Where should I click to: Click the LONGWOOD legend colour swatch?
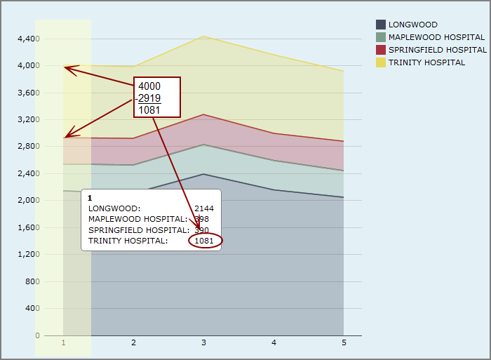point(381,25)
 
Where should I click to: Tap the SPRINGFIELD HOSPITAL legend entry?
point(437,50)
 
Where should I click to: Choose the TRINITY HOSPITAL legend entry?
point(426,62)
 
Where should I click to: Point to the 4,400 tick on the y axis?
point(28,39)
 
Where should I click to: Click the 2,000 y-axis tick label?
point(28,201)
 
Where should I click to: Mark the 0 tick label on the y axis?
point(37,335)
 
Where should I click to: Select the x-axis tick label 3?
point(203,343)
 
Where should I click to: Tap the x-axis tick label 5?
point(344,343)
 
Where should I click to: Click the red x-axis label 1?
point(63,343)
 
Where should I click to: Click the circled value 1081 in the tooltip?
point(204,241)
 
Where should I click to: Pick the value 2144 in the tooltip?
point(204,208)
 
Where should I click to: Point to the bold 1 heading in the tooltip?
point(90,198)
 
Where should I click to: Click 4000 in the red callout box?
point(149,86)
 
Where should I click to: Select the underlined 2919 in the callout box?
point(149,98)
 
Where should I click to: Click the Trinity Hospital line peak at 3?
point(203,36)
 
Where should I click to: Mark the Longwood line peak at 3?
point(203,174)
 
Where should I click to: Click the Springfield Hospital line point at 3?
point(203,114)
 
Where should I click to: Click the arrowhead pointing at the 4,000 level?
point(67,67)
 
